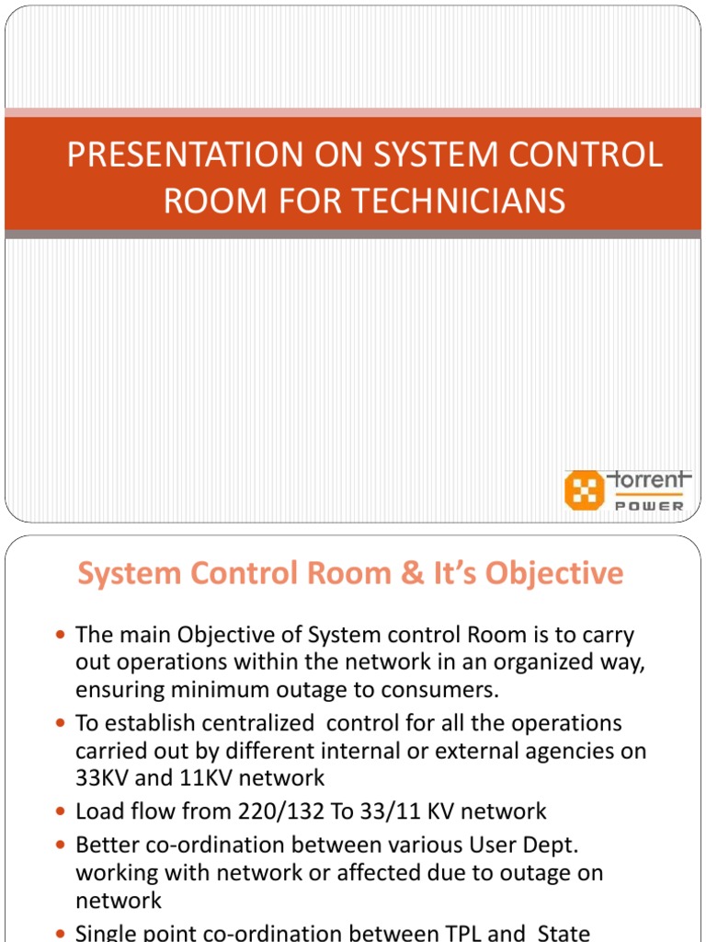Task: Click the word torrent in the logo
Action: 647,480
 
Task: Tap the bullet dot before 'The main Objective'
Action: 61,636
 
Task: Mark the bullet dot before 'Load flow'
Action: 61,812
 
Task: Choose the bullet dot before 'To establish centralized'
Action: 61,724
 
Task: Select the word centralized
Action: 247,723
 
